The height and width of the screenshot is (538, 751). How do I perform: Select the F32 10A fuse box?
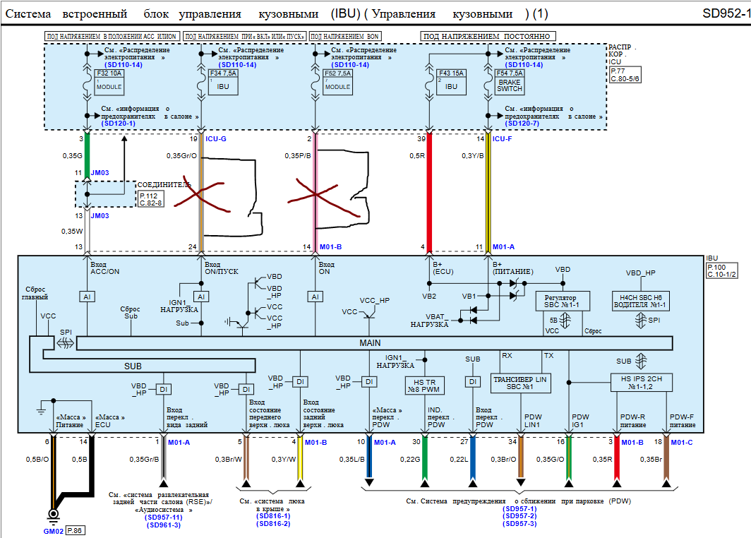(x=109, y=80)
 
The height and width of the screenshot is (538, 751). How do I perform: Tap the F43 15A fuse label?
(x=452, y=72)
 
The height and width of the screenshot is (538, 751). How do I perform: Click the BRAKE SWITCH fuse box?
(x=509, y=81)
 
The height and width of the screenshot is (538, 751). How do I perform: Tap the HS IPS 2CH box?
(x=641, y=383)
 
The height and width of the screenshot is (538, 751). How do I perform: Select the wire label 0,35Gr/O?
(x=181, y=155)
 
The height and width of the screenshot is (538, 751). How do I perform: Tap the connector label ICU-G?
(x=216, y=139)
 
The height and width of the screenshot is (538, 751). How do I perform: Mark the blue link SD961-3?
(x=163, y=525)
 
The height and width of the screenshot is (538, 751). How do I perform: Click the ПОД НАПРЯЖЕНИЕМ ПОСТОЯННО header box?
(x=488, y=36)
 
